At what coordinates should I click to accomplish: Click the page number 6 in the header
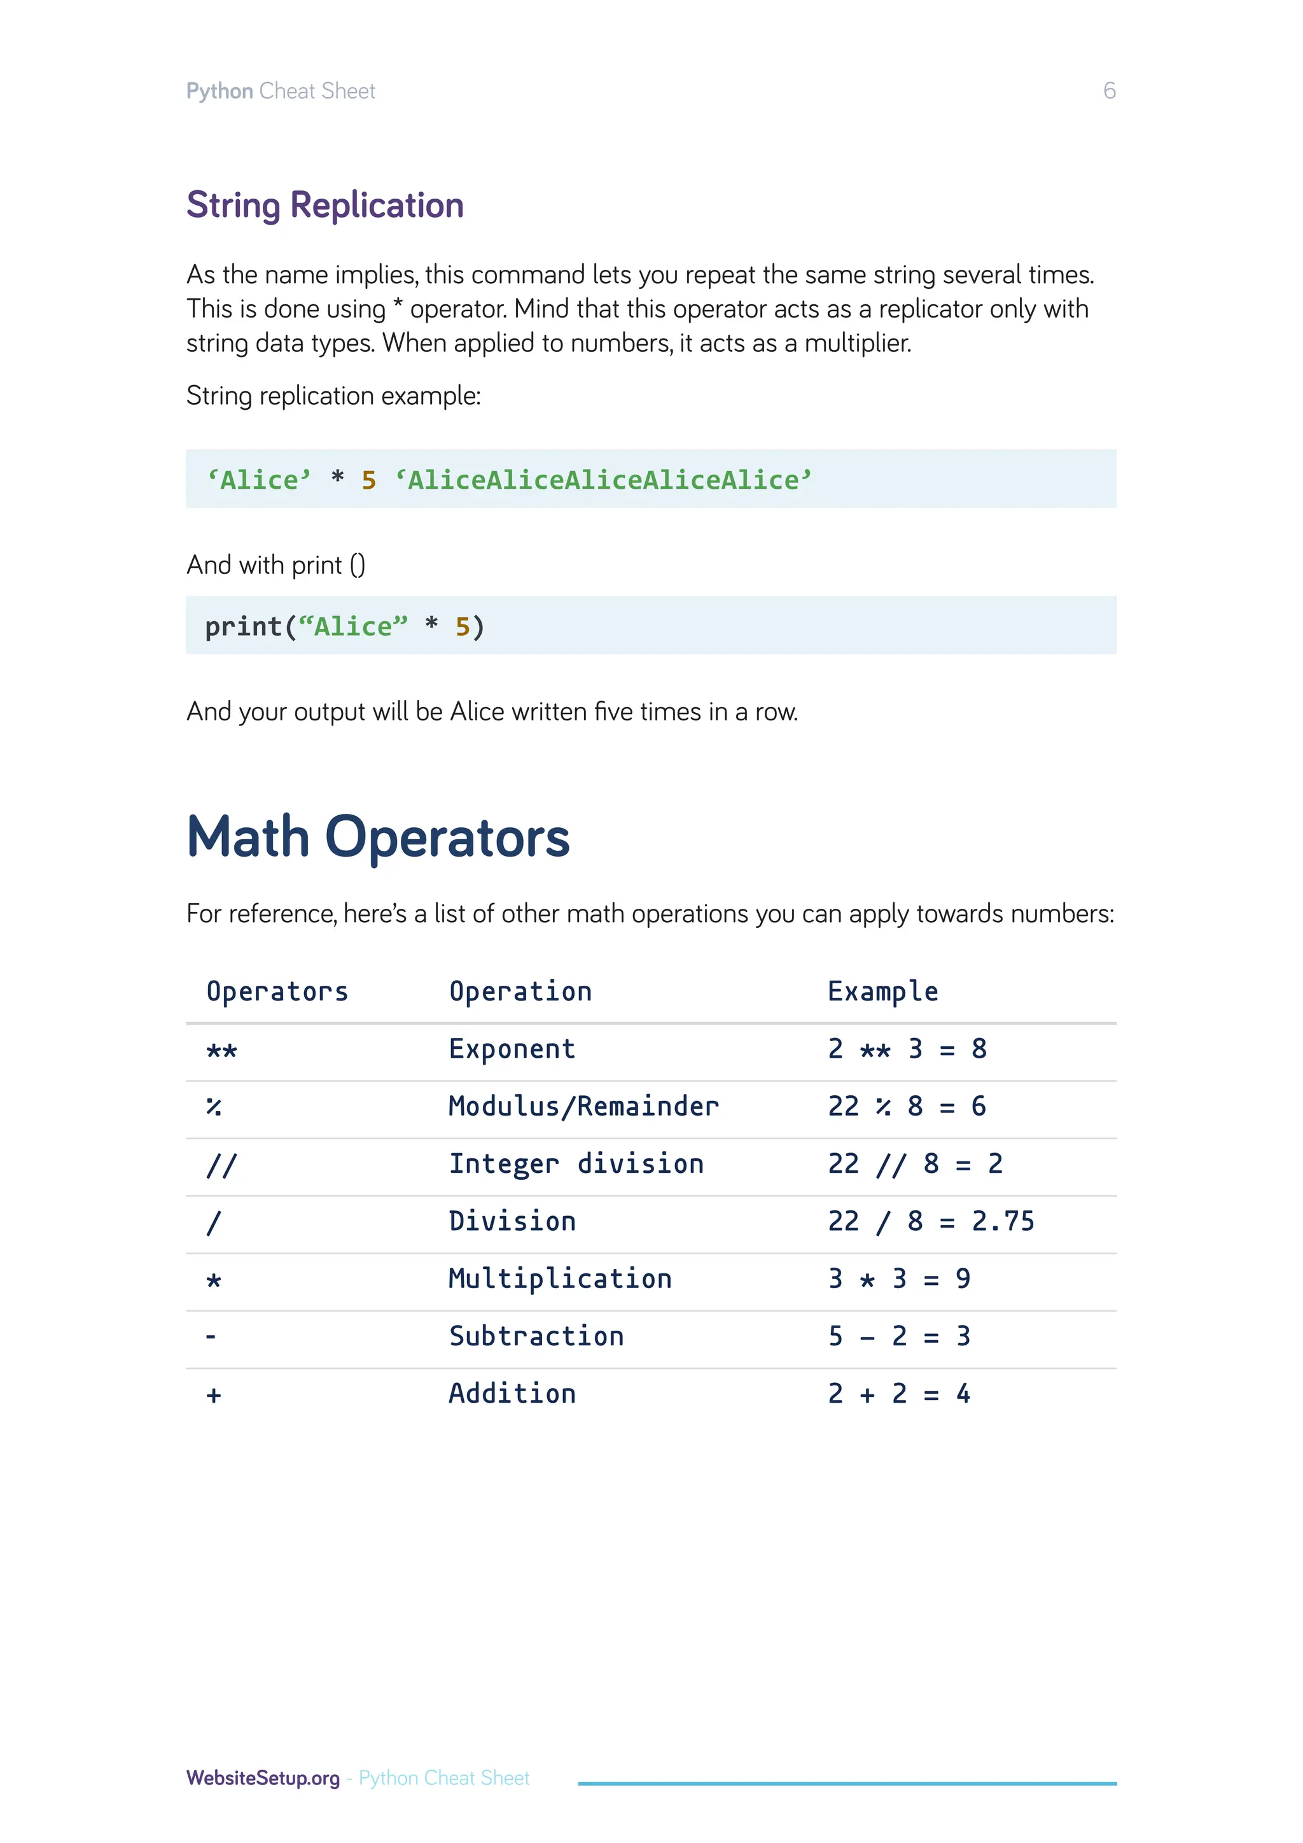[x=1109, y=91]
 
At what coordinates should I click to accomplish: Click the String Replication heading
[x=325, y=206]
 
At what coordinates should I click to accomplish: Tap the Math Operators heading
[x=378, y=837]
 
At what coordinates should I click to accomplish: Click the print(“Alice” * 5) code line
[x=345, y=626]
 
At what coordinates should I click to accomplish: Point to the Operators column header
[x=277, y=992]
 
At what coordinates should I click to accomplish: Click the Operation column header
[x=520, y=992]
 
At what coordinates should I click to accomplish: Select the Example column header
[x=882, y=992]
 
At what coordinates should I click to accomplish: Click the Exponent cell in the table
[x=512, y=1049]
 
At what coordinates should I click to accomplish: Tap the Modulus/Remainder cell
[x=583, y=1107]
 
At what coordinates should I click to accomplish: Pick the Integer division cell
[x=576, y=1164]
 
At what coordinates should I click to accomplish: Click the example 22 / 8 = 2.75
[x=931, y=1222]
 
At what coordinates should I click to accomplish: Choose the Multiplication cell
[x=560, y=1279]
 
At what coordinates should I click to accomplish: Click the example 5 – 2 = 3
[x=898, y=1336]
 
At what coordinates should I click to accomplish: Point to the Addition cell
[x=512, y=1394]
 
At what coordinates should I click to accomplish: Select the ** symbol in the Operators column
[x=221, y=1051]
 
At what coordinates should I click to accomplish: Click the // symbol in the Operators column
[x=221, y=1165]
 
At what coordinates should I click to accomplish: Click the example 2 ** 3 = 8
[x=907, y=1049]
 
